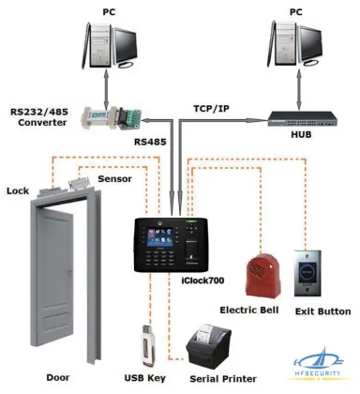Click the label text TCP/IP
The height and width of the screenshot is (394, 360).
pyautogui.click(x=211, y=109)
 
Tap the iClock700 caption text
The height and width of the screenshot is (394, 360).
pyautogui.click(x=204, y=279)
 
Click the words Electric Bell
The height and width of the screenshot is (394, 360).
pyautogui.click(x=251, y=311)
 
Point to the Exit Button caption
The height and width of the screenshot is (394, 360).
pyautogui.click(x=322, y=311)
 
